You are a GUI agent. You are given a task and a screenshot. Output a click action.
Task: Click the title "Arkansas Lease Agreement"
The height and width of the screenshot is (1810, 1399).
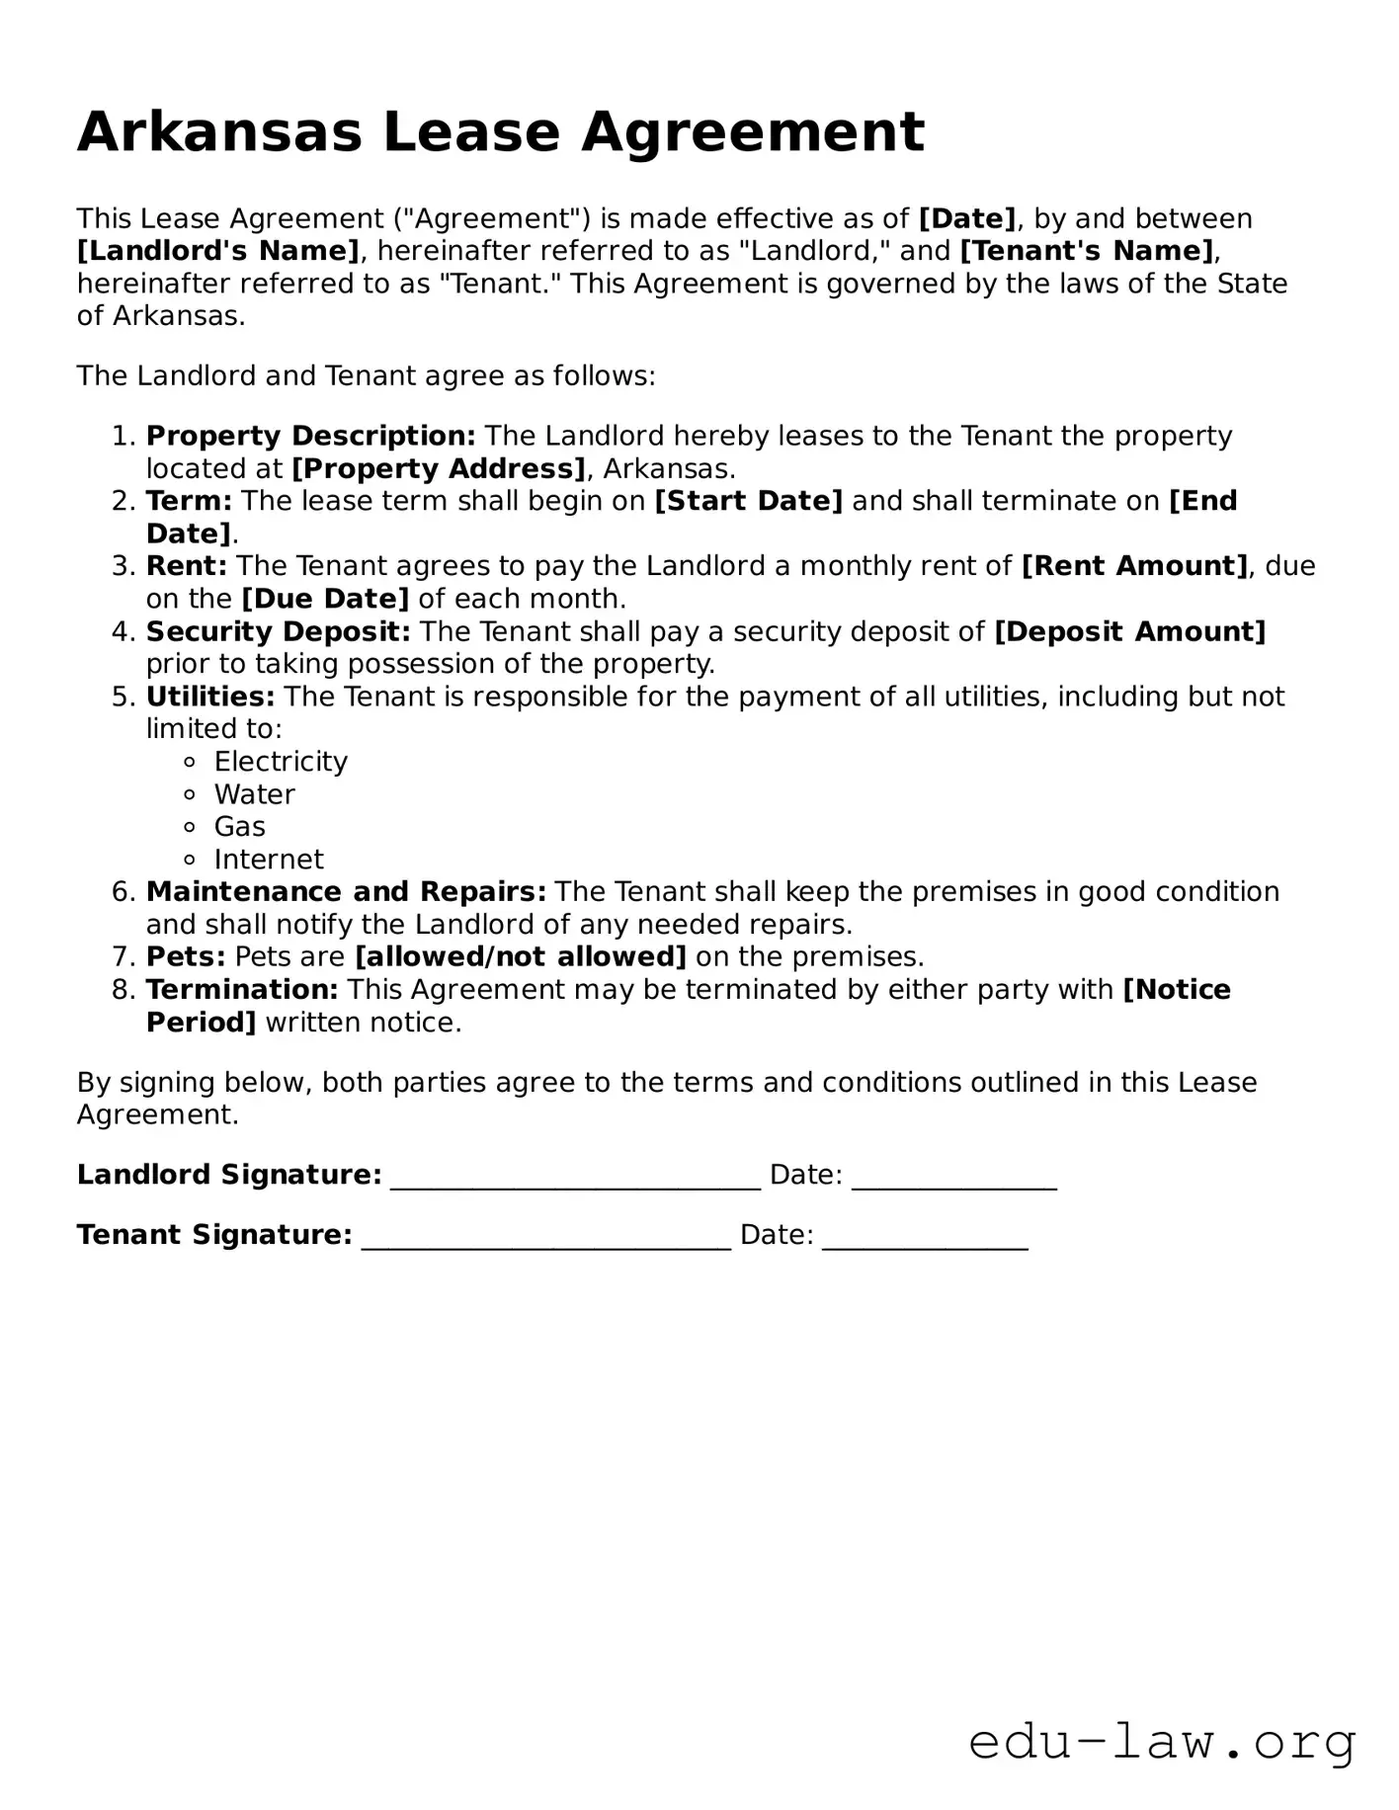click(501, 132)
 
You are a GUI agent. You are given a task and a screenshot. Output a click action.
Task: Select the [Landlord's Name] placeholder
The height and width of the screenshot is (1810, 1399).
click(218, 251)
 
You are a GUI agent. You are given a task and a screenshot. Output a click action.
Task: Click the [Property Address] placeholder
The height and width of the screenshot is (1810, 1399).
click(439, 468)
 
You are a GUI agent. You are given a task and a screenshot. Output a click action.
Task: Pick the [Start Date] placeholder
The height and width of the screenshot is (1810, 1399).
click(748, 501)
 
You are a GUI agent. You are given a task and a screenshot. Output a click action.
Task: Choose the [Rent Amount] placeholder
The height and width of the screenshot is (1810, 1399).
click(1134, 566)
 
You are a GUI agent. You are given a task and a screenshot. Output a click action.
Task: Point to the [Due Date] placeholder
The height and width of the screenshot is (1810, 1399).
click(325, 599)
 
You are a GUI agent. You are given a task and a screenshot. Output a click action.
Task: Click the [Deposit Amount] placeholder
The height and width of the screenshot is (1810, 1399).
click(1129, 631)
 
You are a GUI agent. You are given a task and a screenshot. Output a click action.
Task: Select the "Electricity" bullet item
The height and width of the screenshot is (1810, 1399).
click(281, 762)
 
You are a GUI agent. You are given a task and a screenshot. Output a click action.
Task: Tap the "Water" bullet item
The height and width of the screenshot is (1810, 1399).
click(254, 794)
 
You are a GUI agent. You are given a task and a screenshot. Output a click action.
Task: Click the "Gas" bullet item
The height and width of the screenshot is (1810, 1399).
click(239, 827)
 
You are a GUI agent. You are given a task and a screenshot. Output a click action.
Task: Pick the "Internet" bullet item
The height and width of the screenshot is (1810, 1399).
click(269, 860)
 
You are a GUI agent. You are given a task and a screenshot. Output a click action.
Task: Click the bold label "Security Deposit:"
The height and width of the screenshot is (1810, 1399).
click(278, 631)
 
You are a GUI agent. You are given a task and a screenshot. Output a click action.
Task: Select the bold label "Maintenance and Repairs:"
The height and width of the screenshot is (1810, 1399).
click(346, 892)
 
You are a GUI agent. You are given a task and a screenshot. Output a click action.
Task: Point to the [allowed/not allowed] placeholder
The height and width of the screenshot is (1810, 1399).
click(520, 957)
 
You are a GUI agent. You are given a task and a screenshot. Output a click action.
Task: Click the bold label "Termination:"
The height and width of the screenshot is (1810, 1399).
click(242, 990)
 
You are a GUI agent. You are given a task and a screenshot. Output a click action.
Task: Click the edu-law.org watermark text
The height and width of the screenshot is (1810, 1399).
click(1162, 1742)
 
